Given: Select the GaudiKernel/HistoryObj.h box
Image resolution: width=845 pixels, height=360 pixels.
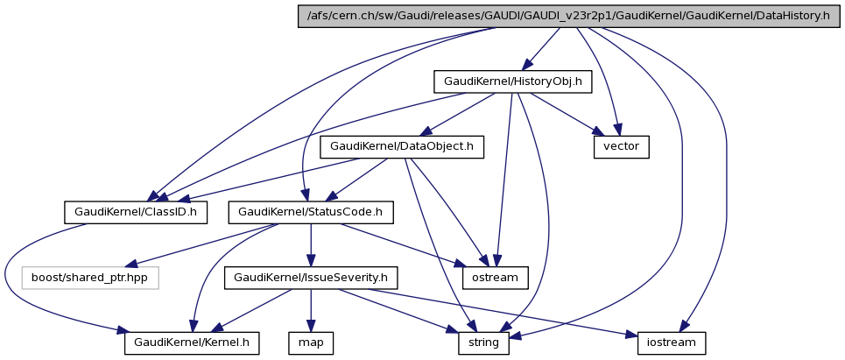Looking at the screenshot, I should pos(513,81).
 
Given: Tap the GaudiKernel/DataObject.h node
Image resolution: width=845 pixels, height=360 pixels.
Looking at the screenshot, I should pos(402,146).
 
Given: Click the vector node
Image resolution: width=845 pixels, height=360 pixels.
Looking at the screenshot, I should pos(622,146).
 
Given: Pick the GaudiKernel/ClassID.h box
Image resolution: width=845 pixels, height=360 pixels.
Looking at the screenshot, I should pos(136,211).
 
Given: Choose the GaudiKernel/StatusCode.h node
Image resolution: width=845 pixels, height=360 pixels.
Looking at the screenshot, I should pos(311,211).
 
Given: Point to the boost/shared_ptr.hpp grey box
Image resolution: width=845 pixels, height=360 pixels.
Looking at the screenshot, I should pos(89,277).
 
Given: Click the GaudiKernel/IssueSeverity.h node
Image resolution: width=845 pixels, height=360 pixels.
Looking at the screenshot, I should pos(311,277).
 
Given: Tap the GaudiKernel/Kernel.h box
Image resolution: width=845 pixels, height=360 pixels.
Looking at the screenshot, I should pos(193,342).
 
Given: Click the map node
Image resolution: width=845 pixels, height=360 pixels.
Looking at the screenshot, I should pos(311,342).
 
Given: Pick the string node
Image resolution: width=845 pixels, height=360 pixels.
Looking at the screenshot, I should pos(483,342).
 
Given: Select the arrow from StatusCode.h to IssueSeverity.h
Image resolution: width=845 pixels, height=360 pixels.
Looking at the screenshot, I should pos(311,244).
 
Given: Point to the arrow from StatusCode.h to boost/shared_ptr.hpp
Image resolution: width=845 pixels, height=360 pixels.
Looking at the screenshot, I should pos(201,244).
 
